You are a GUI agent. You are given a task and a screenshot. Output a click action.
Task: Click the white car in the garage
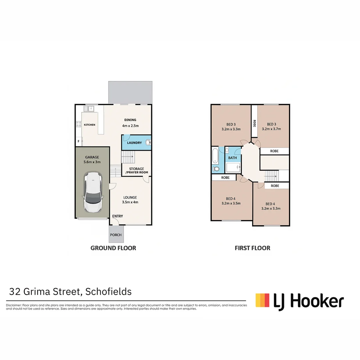(x=93, y=192)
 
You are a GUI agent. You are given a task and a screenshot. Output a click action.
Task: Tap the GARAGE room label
(x=92, y=157)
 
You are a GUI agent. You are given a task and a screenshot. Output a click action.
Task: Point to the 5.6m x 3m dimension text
(x=92, y=162)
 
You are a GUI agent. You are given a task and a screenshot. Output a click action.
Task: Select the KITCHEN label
(x=89, y=125)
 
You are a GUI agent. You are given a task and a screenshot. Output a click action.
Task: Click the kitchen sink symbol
(x=89, y=108)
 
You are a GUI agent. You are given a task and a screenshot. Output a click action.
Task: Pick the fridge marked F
(x=79, y=141)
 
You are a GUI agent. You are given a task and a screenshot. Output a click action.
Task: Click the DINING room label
(x=130, y=120)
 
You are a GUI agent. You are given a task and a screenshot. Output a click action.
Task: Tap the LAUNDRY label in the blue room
(x=134, y=143)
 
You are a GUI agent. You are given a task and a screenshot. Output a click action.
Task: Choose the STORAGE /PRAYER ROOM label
(x=137, y=171)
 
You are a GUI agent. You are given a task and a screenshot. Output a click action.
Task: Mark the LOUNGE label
(x=130, y=197)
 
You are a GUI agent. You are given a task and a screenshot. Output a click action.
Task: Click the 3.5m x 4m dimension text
(x=130, y=202)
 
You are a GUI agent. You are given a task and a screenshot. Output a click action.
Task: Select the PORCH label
(x=116, y=235)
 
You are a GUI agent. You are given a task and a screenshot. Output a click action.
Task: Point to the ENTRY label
(x=117, y=216)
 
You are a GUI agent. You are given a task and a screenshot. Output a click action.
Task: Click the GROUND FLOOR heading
(x=113, y=248)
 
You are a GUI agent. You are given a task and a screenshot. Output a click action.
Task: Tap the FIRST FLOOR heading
(x=252, y=248)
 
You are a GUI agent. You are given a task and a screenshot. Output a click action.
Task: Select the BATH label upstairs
(x=232, y=158)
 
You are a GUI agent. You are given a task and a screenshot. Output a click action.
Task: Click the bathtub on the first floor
(x=215, y=156)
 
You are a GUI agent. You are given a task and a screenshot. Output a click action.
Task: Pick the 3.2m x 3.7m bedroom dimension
(x=271, y=129)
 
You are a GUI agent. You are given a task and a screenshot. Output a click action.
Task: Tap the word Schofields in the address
(x=109, y=292)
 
